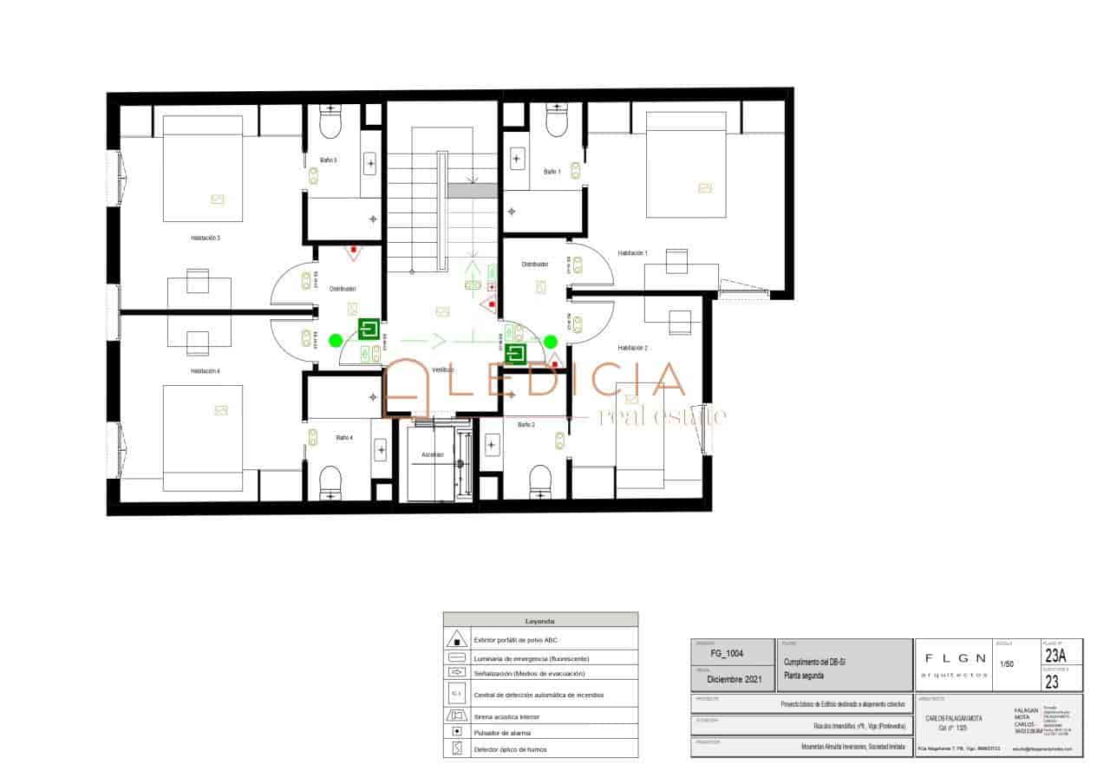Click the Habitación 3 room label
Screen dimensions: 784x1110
(x=206, y=237)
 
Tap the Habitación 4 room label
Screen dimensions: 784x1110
(x=206, y=370)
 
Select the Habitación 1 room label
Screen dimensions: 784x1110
(x=632, y=253)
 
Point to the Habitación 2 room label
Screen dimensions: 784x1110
(x=632, y=348)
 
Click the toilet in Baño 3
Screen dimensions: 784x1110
(x=331, y=124)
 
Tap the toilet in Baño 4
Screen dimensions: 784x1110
(x=331, y=482)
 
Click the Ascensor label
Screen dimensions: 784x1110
(x=433, y=454)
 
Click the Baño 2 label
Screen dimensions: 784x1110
(x=526, y=425)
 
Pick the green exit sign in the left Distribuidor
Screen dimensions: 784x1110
(x=369, y=330)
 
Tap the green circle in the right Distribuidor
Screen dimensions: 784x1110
(x=552, y=342)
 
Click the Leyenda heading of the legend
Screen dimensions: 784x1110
(x=540, y=621)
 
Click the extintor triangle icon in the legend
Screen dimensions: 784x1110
(x=456, y=640)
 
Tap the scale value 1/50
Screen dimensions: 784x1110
(x=1008, y=665)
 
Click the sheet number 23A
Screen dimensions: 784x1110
(x=1055, y=656)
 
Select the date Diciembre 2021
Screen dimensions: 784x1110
(x=734, y=680)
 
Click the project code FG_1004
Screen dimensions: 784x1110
(x=726, y=653)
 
